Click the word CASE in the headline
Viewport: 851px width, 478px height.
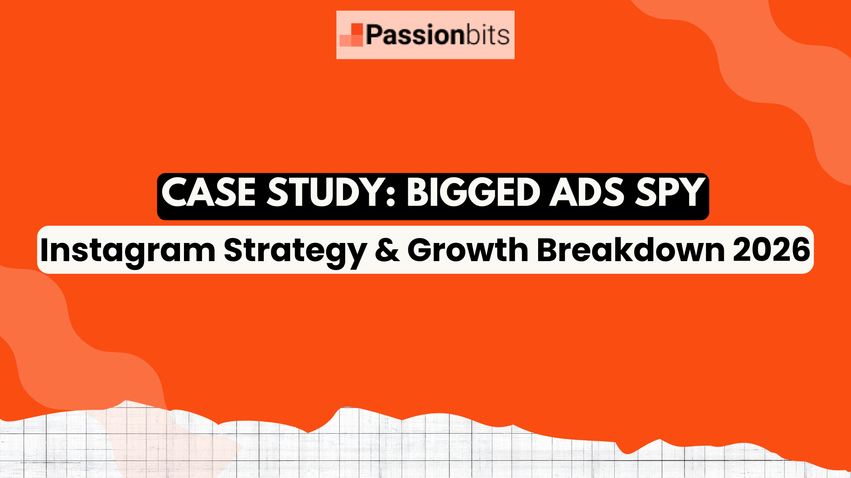tap(208, 192)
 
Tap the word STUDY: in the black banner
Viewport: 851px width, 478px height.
tap(331, 192)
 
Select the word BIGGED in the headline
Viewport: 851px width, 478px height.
tap(472, 192)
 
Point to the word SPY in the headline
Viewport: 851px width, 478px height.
tap(670, 192)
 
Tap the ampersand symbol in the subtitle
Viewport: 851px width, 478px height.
tap(387, 251)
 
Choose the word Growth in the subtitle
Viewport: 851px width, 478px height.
tap(468, 250)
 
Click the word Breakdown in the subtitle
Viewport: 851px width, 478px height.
tap(631, 250)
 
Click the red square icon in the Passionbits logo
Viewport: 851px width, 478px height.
tap(351, 35)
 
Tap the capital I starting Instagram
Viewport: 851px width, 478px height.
tap(44, 251)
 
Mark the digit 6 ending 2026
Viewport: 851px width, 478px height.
tap(801, 251)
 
